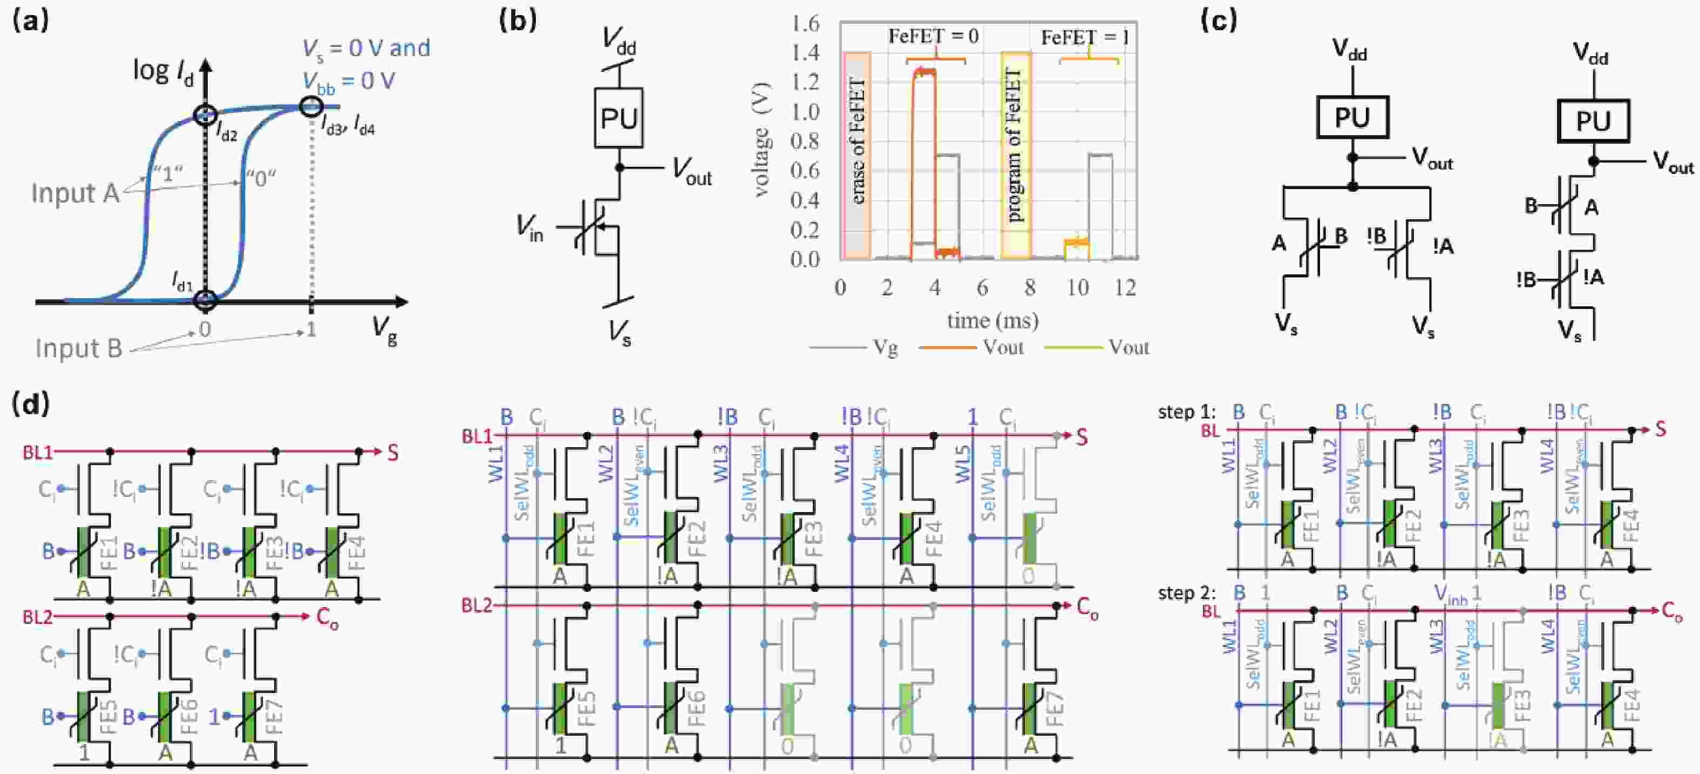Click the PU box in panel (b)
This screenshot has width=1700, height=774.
(x=618, y=118)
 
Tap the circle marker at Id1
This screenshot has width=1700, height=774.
(x=205, y=300)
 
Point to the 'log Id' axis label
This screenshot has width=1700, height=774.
(x=163, y=71)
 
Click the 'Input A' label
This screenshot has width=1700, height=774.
(x=74, y=193)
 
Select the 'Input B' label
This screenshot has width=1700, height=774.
(x=79, y=348)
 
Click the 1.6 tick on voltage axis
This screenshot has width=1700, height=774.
(x=805, y=24)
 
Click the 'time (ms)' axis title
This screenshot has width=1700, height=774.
(x=992, y=320)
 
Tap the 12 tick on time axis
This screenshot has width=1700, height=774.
(x=1125, y=287)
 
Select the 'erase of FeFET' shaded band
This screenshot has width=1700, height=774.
(x=857, y=155)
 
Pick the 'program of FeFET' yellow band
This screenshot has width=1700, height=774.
(x=1015, y=155)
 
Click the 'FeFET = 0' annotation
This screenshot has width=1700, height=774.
(x=933, y=36)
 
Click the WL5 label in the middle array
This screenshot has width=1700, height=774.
(x=963, y=465)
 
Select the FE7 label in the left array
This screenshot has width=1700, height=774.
(x=273, y=717)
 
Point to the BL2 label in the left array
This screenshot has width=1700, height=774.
(x=37, y=617)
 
